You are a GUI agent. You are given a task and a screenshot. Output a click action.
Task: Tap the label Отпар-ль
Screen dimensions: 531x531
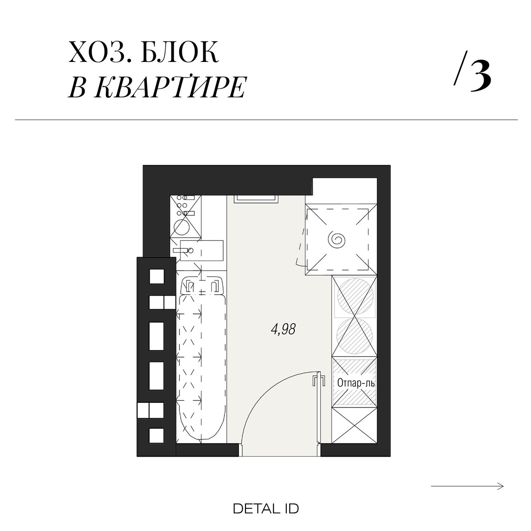356,383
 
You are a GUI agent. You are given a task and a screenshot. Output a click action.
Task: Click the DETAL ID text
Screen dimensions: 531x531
265,508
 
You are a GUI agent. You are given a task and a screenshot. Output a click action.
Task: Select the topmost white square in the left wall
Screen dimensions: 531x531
157,277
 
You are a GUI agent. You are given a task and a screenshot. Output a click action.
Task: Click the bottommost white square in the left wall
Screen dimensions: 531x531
157,435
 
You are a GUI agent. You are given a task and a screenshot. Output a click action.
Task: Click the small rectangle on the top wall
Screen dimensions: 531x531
256,199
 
